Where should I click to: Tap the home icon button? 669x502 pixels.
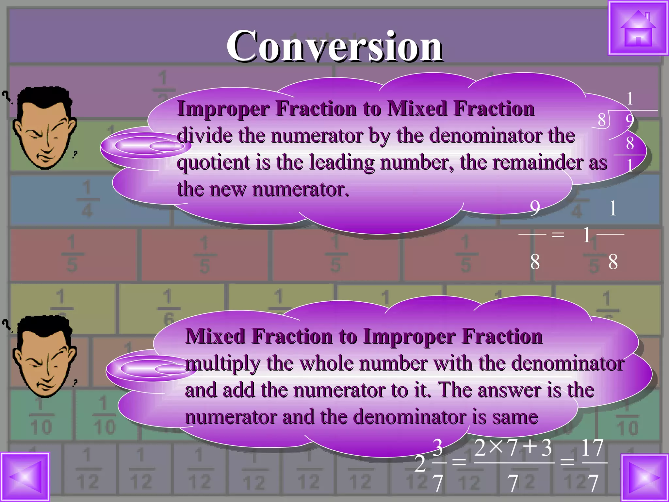(638, 29)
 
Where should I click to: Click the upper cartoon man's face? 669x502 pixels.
(44, 131)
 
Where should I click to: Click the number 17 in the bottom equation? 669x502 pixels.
(592, 448)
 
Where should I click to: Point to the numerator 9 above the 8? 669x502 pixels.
(535, 208)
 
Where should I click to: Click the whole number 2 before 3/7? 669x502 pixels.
(420, 463)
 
